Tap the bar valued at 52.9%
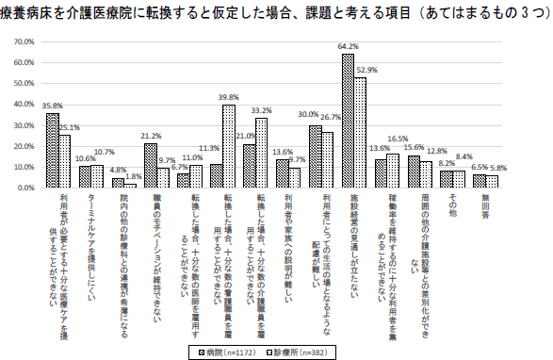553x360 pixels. (x=360, y=133)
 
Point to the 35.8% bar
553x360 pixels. (x=53, y=150)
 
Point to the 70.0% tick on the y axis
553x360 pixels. (x=21, y=43)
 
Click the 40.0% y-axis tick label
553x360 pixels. (x=21, y=105)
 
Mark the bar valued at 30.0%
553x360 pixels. (x=315, y=156)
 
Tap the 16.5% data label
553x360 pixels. (x=398, y=139)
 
